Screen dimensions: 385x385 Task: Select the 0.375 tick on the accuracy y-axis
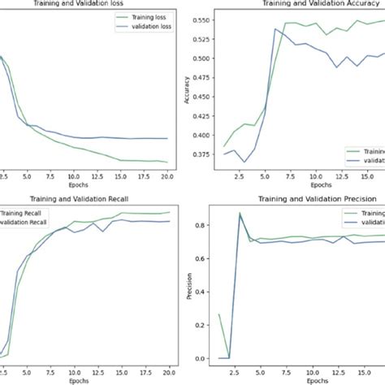pyautogui.click(x=208, y=154)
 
